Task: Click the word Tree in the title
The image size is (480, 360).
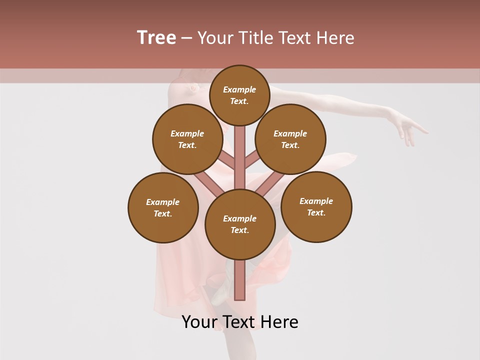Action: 156,38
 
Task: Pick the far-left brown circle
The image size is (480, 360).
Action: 163,207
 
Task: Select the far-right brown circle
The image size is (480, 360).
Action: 316,206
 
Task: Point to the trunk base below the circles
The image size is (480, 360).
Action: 240,282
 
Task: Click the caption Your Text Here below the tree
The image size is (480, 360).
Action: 240,322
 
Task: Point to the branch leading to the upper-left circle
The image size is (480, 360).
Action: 227,160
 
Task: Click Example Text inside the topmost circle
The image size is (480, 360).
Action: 239,95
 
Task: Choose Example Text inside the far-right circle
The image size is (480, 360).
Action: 316,206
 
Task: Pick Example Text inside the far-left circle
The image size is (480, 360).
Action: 163,207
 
